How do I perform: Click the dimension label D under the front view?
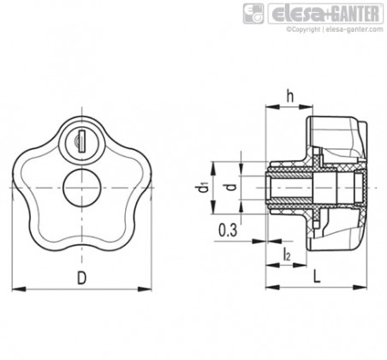click(x=81, y=278)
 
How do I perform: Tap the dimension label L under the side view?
click(x=317, y=276)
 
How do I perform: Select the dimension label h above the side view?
click(x=290, y=96)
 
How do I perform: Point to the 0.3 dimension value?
click(x=228, y=231)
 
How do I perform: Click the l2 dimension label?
click(x=287, y=255)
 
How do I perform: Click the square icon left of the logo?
click(x=253, y=14)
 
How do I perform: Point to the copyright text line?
click(x=335, y=29)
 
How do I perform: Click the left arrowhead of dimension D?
click(x=19, y=289)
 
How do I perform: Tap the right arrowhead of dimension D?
click(x=145, y=289)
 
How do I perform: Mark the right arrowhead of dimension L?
click(x=360, y=287)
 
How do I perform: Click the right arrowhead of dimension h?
click(x=306, y=106)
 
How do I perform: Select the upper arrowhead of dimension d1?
click(x=213, y=169)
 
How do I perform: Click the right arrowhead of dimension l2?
click(x=300, y=265)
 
